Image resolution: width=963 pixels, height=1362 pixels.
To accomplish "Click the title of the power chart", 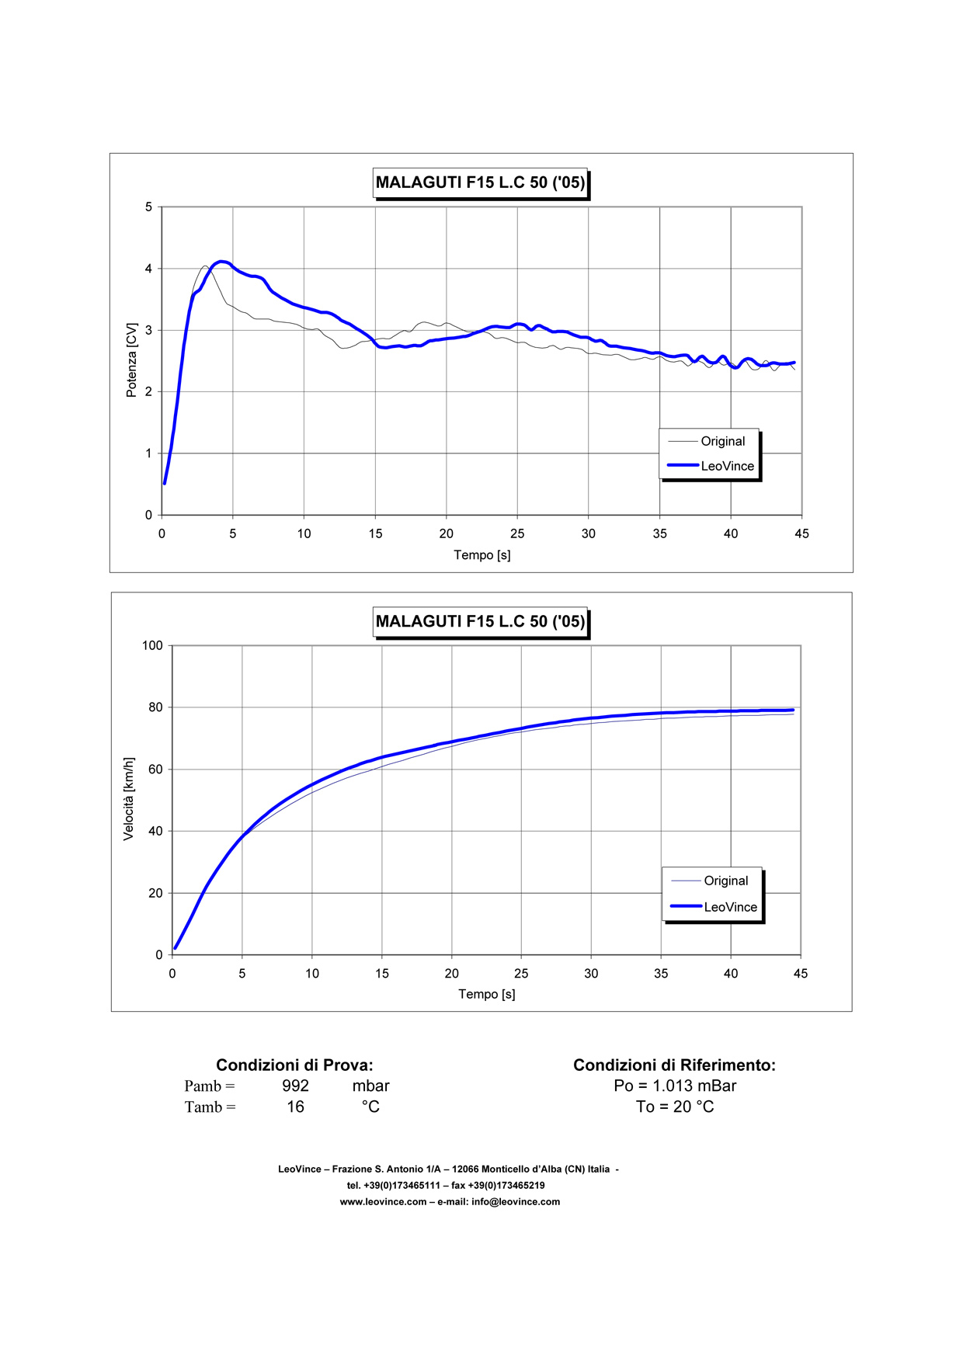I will click(480, 183).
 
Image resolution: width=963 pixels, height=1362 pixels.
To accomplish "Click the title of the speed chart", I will click(480, 621).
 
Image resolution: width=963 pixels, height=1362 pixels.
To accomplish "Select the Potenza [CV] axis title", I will click(132, 360).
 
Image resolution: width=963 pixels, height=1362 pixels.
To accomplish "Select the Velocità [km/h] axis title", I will click(129, 798).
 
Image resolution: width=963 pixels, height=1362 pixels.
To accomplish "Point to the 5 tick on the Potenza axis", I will click(148, 207).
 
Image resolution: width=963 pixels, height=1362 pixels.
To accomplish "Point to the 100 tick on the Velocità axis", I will click(152, 645).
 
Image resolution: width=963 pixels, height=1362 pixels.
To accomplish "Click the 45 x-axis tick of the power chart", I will click(801, 533).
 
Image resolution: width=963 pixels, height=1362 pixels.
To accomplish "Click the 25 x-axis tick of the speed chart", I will click(521, 974).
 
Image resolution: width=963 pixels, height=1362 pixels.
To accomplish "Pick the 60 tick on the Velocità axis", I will click(155, 770).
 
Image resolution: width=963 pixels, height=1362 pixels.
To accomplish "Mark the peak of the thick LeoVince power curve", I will click(222, 262).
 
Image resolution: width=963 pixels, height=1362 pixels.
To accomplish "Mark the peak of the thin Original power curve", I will click(205, 266).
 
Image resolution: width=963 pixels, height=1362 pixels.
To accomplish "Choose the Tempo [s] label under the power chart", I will click(482, 555).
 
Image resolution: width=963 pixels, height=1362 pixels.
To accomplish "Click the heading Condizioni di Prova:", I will click(294, 1065).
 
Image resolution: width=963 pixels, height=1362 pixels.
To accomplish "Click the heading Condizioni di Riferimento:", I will click(674, 1065).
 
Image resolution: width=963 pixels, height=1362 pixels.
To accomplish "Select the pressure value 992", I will click(295, 1086).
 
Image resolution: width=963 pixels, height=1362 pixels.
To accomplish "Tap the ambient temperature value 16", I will click(295, 1107).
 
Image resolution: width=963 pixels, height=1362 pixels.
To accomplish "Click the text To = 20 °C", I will click(675, 1107).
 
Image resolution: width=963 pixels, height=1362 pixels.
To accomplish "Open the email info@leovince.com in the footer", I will click(516, 1202).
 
